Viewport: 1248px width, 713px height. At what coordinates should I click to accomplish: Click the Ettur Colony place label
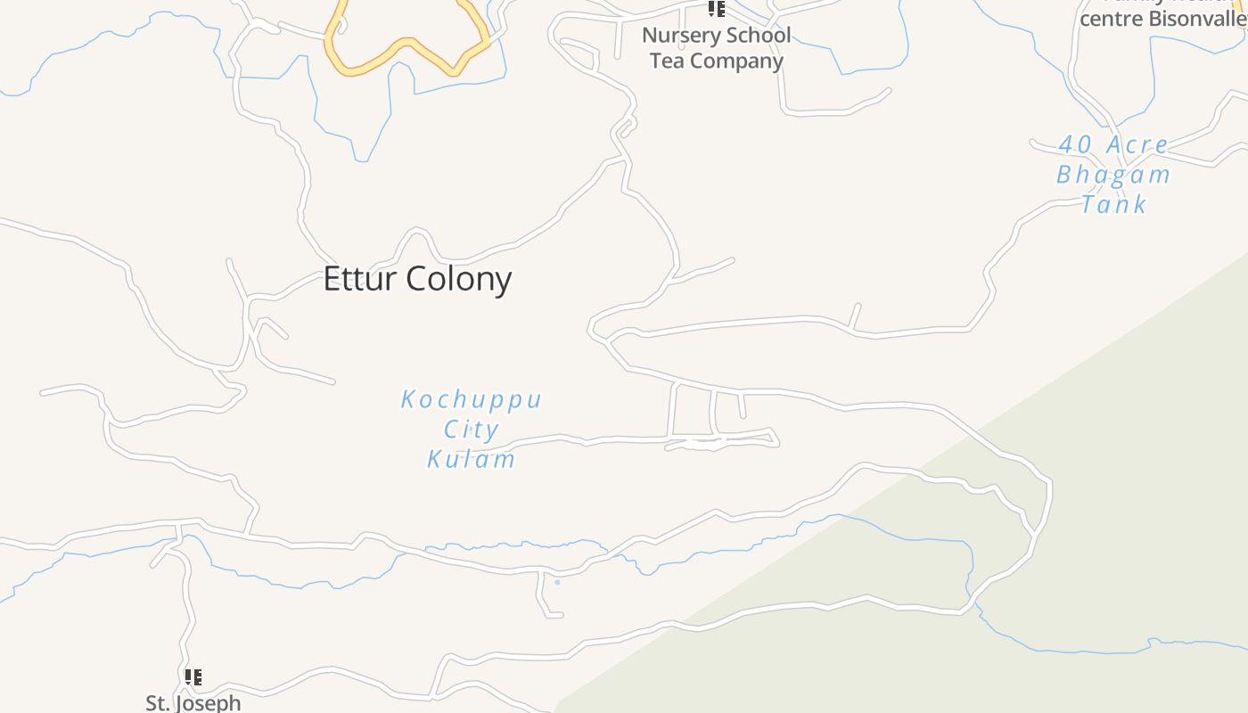417,279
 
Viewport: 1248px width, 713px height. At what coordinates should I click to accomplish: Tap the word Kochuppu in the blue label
471,399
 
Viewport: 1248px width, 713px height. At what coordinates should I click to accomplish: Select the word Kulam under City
471,459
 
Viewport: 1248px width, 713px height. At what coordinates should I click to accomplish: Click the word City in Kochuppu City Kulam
471,430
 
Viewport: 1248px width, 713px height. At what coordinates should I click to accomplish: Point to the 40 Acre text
1113,144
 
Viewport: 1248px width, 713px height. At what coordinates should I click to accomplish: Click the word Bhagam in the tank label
1113,174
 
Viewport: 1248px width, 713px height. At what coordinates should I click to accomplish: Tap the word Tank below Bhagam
1113,204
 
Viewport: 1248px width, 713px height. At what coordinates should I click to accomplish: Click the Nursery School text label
716,36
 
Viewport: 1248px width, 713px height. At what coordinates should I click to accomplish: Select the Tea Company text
716,61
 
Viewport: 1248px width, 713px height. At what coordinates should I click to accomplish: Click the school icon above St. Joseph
193,677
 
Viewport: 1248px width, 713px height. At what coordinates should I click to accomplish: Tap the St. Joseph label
193,702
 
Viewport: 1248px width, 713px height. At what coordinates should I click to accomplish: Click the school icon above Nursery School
716,9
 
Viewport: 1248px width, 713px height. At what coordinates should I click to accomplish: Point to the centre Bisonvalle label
1162,19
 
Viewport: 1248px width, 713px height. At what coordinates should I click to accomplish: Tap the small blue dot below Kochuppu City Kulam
557,582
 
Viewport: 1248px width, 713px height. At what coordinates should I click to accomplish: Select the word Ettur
361,279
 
